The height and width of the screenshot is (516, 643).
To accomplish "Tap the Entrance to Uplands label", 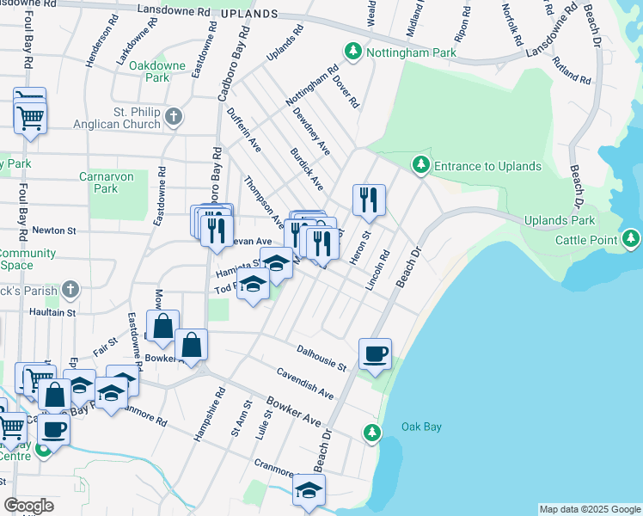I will click(487, 166).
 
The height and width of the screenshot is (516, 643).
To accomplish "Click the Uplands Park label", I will click(559, 221).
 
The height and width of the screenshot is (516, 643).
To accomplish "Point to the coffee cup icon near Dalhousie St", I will click(375, 353).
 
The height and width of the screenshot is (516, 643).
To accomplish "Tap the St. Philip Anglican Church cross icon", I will click(174, 116).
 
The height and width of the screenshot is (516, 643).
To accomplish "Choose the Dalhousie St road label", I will click(321, 357).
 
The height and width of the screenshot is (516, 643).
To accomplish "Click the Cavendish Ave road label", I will click(305, 383).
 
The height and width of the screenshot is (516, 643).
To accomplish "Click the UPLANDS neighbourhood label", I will click(249, 15).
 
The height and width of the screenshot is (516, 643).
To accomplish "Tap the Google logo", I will click(28, 506).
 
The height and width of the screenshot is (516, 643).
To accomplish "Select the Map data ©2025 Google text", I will click(589, 509).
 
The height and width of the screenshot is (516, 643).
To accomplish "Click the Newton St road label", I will click(54, 230).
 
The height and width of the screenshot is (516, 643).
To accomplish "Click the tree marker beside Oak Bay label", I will click(371, 432).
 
